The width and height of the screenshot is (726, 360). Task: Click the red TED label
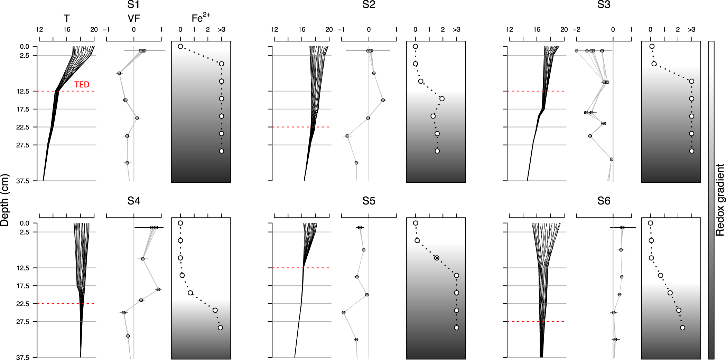[82, 85]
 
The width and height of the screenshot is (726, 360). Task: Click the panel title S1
[133, 5]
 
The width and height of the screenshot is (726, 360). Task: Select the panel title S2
[369, 5]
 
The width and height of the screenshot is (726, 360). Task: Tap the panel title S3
[604, 5]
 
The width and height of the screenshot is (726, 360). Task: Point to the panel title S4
[133, 201]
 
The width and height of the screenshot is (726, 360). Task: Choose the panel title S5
[369, 201]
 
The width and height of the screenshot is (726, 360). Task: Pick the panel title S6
[604, 201]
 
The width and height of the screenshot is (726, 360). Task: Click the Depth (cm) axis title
[5, 200]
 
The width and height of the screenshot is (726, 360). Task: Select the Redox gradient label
[720, 200]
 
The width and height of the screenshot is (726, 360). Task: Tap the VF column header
[133, 18]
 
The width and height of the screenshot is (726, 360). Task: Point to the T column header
[66, 18]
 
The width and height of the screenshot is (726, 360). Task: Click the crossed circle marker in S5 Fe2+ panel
[437, 258]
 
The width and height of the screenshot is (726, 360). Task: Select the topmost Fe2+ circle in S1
[180, 46]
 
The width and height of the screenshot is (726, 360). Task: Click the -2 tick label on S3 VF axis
[576, 30]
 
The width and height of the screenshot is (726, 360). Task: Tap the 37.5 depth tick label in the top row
[22, 180]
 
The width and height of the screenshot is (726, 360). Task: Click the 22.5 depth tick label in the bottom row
[22, 304]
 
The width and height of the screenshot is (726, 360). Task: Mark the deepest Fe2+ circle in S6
[682, 328]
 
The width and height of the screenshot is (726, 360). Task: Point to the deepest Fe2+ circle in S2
[437, 151]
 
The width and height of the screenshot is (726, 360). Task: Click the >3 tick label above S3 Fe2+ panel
[691, 30]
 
